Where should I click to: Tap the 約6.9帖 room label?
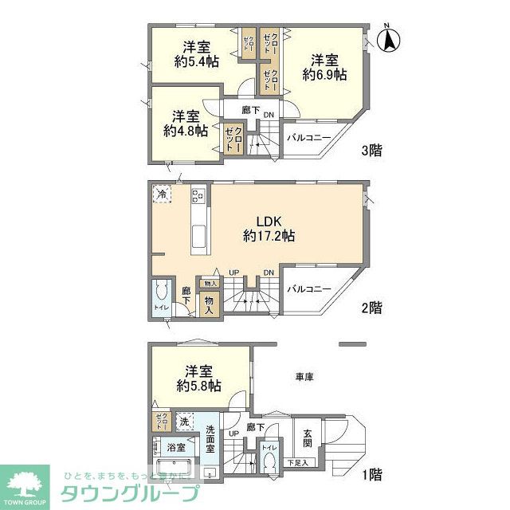coord(324,67)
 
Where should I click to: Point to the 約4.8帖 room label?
coord(186,123)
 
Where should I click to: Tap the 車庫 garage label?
coord(303,375)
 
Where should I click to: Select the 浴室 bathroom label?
coord(175,446)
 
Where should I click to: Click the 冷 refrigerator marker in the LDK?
coord(163,194)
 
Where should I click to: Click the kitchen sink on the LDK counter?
coord(198,234)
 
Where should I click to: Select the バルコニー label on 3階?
coord(309,138)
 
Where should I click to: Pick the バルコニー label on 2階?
coord(309,289)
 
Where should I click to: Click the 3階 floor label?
coord(371,149)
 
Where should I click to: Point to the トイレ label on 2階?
coord(160,306)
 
